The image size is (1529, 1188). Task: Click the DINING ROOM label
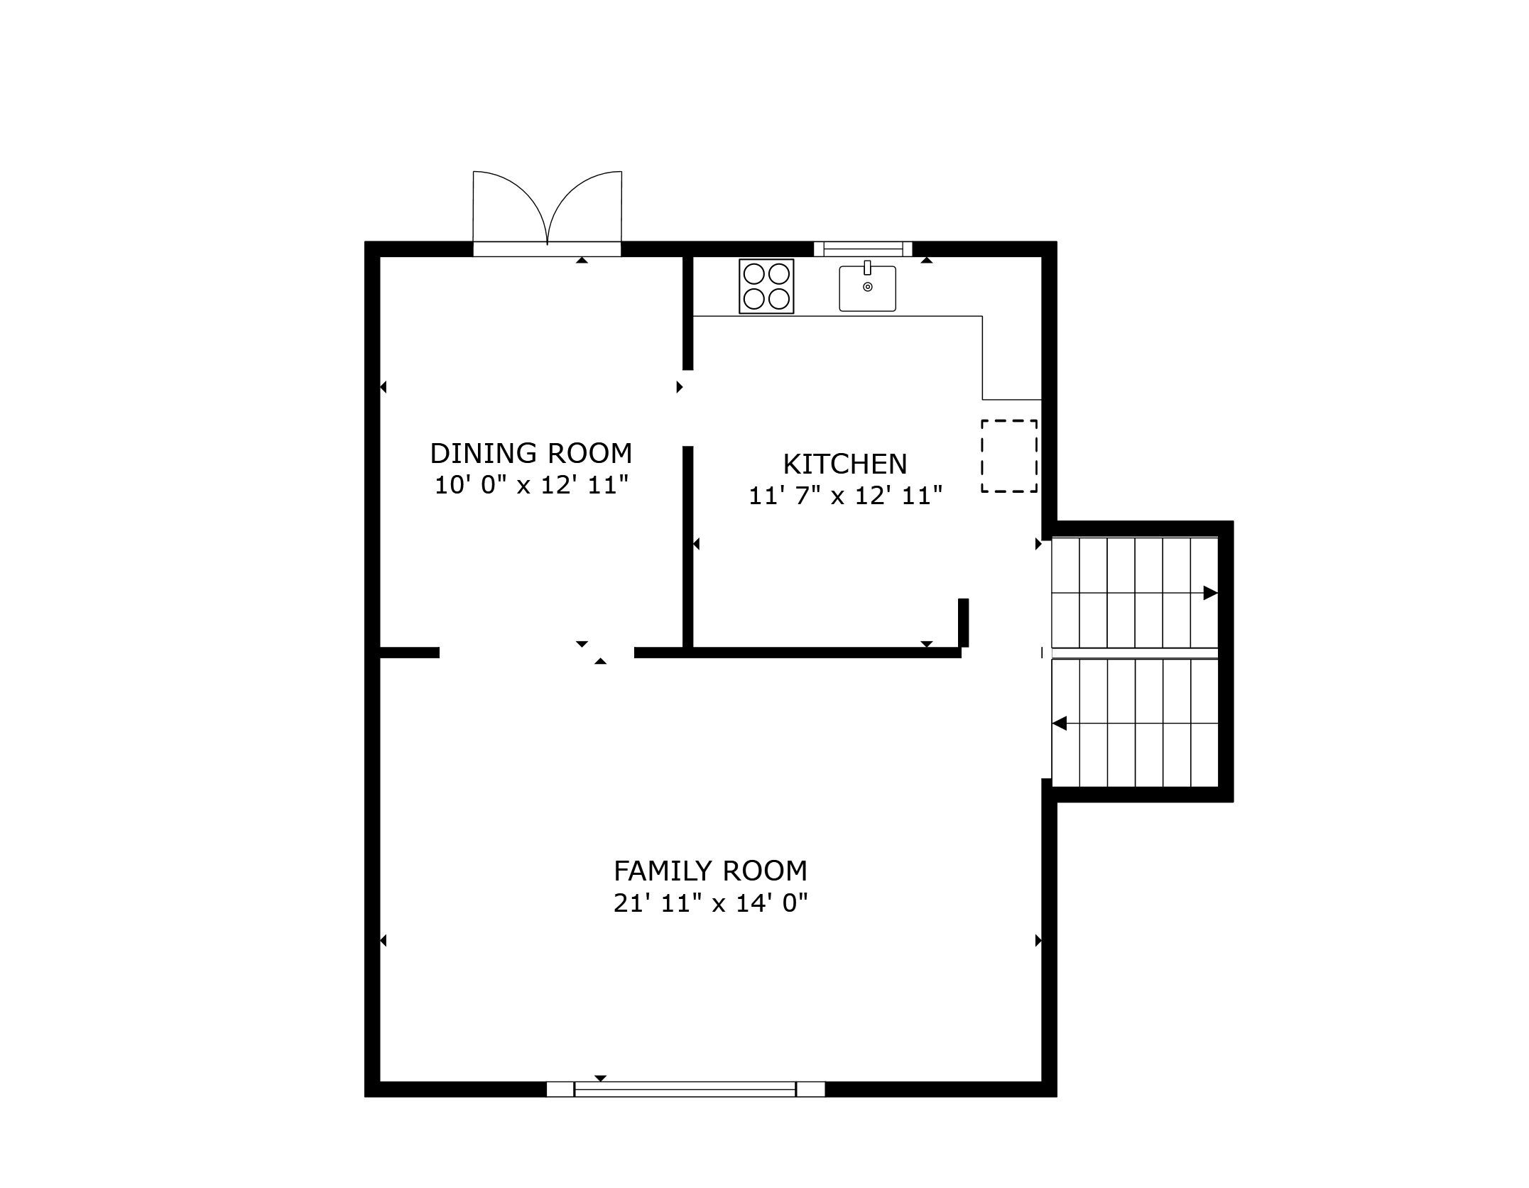coord(530,453)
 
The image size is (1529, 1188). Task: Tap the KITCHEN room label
coord(845,464)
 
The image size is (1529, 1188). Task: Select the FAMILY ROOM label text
coord(710,871)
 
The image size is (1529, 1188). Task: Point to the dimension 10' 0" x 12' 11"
coord(531,486)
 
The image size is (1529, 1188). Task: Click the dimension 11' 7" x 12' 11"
coord(845,496)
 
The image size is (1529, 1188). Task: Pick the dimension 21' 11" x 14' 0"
coord(711,903)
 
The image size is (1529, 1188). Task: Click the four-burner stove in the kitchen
coord(766,286)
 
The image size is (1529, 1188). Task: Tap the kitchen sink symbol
coord(867,288)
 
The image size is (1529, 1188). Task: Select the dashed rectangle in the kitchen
coord(1009,456)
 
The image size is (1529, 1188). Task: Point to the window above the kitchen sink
coord(863,248)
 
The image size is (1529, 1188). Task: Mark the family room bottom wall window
coord(685,1089)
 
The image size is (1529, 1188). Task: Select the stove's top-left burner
coord(754,274)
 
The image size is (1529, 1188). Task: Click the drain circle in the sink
coord(868,287)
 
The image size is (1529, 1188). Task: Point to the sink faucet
coord(867,268)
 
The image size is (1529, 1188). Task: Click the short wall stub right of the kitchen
coord(964,623)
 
